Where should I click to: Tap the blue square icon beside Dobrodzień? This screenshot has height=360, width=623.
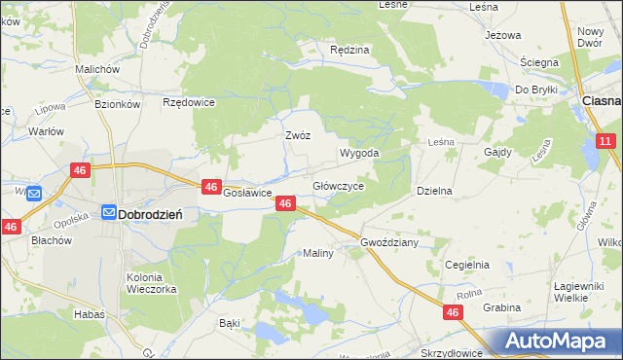point(109,212)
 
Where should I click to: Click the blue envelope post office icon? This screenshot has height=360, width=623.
point(32,194)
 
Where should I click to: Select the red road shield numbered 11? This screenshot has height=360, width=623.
point(605,142)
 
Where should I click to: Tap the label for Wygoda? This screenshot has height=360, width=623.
point(358,154)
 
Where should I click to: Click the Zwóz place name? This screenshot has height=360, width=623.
point(297,136)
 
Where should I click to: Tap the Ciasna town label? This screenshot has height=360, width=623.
point(600,100)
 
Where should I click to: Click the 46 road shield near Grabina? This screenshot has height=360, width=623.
point(453,312)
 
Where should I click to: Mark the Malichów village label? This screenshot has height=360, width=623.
point(97,70)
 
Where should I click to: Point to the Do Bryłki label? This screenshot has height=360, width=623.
point(535,90)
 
